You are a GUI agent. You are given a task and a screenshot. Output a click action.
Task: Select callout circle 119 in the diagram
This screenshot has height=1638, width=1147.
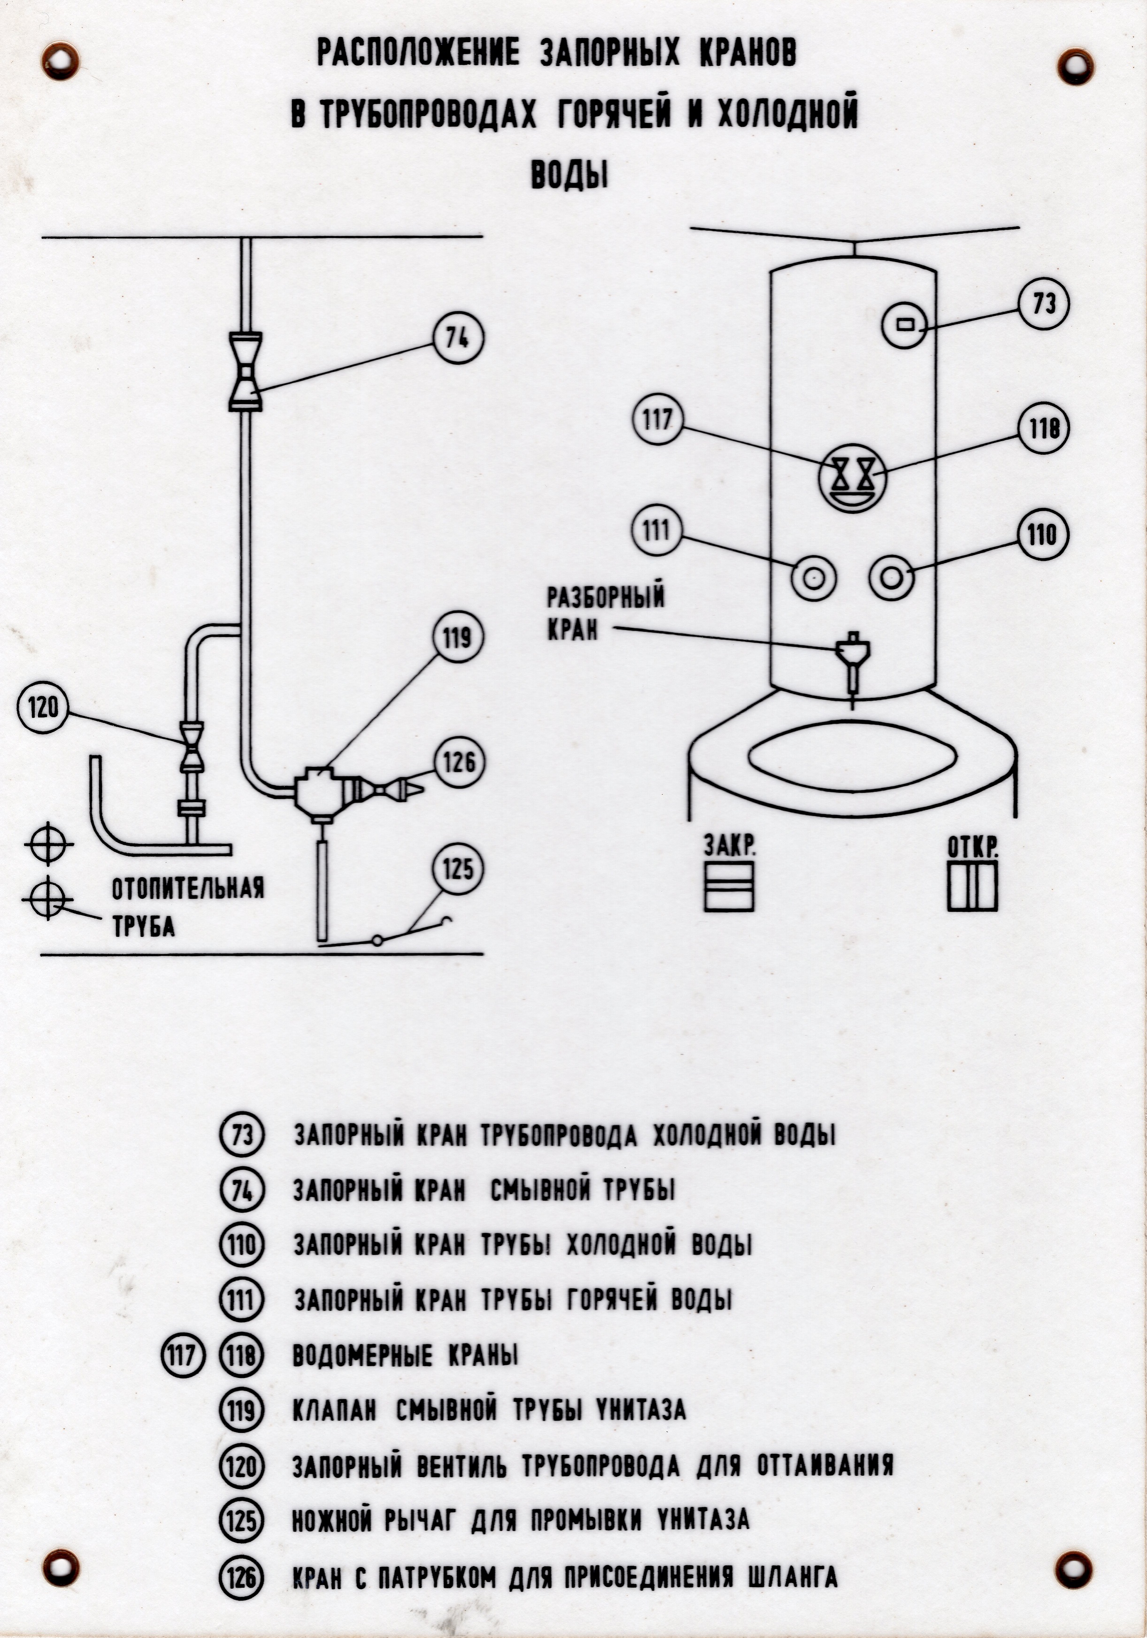457,636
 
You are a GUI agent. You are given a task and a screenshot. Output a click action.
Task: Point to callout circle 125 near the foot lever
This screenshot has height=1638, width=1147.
457,870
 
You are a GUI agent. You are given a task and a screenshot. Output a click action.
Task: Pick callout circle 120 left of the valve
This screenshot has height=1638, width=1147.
42,708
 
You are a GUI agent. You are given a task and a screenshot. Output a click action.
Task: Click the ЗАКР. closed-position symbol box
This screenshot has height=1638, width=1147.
729,886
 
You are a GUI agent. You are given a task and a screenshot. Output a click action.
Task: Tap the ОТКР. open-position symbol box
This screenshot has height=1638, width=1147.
972,886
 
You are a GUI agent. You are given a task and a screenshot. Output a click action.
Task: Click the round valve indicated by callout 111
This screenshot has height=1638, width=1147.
813,577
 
